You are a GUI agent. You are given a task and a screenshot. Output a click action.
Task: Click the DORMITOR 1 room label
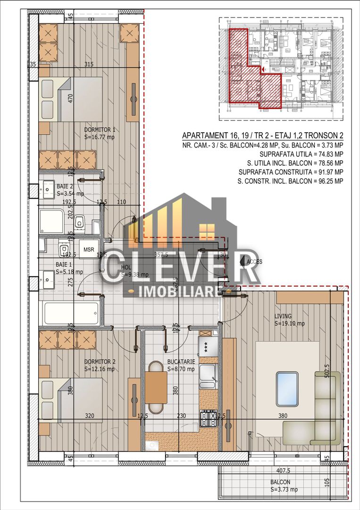[100, 129]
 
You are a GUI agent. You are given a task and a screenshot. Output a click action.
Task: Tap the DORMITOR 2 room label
[100, 362]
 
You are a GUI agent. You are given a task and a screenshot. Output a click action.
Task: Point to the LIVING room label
[283, 316]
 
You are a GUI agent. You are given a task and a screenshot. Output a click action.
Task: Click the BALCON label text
[280, 482]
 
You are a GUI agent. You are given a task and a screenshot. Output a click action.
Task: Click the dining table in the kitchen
[156, 387]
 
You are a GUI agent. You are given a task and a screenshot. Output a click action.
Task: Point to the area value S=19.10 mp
[290, 324]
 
